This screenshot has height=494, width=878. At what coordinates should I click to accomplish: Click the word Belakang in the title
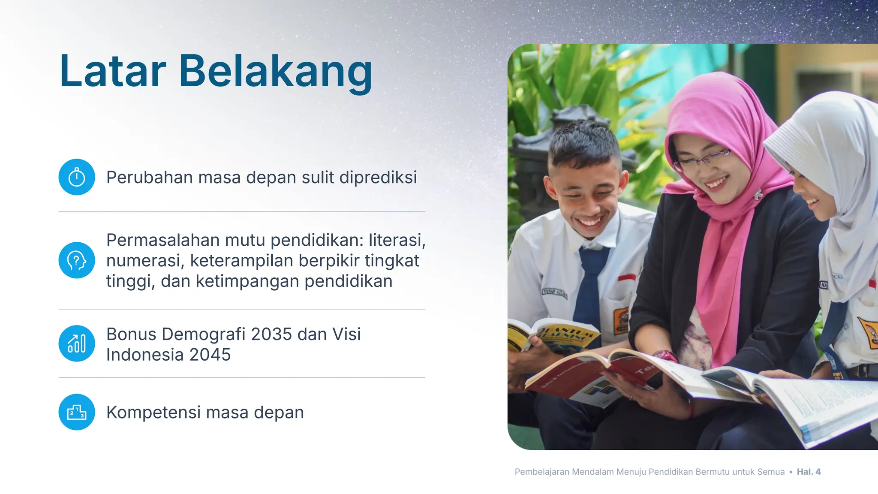coord(275,71)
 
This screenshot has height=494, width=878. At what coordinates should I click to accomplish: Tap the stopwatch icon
coord(77,177)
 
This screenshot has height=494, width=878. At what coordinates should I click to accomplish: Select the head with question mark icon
coord(77,260)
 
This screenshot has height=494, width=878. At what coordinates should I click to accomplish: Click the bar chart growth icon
coord(77,343)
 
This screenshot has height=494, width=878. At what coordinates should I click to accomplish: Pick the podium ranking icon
coord(77,412)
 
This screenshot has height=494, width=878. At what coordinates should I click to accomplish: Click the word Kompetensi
coord(153,413)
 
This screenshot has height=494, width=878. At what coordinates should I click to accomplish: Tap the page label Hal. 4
coord(809,472)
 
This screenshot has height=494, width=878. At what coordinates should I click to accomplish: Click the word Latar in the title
coord(112,71)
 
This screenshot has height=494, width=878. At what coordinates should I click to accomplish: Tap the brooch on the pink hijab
coord(758,194)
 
